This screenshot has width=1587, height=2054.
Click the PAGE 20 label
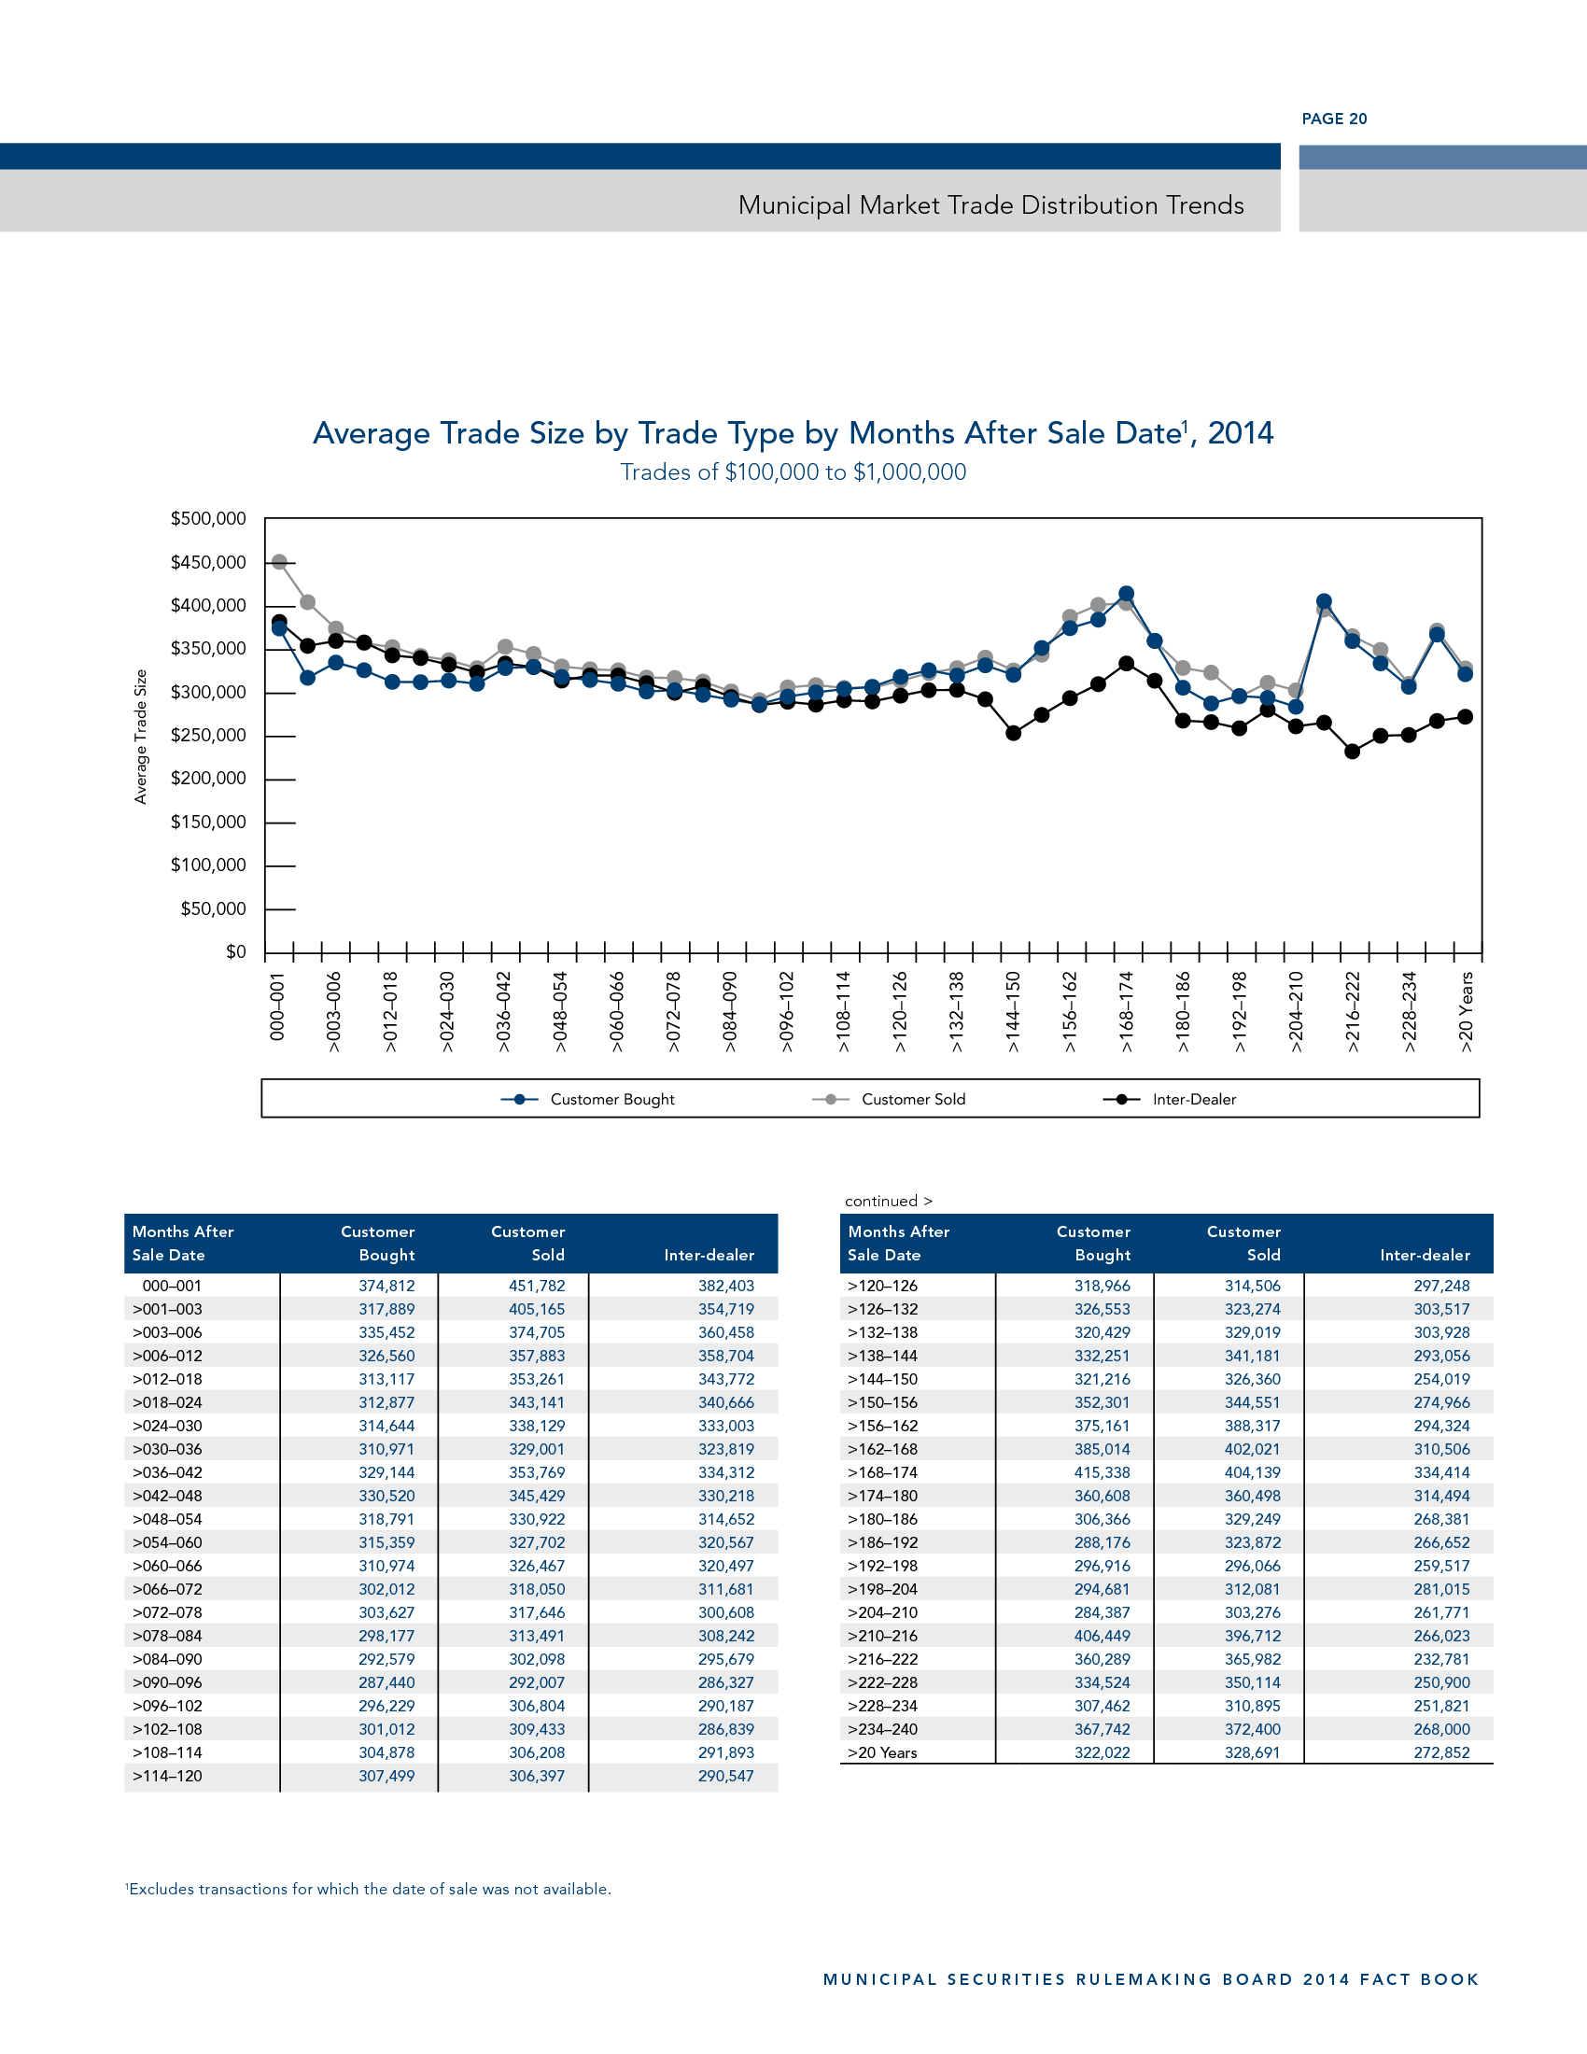pyautogui.click(x=1333, y=119)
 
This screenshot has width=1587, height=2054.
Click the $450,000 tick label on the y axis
pyautogui.click(x=208, y=562)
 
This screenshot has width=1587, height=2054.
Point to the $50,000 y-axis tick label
pyautogui.click(x=214, y=908)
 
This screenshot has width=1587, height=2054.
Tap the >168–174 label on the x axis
pyautogui.click(x=1127, y=1012)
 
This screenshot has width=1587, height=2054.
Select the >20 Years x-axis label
pyautogui.click(x=1466, y=1012)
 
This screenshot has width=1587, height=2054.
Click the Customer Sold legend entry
pyautogui.click(x=912, y=1100)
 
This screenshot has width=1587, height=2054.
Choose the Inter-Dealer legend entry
pyautogui.click(x=1193, y=1100)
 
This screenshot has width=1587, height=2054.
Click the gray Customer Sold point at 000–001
pyautogui.click(x=279, y=561)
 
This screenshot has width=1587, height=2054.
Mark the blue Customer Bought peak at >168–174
pyautogui.click(x=1127, y=594)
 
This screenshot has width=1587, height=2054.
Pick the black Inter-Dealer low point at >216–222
pyautogui.click(x=1352, y=752)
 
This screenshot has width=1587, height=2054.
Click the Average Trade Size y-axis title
pyautogui.click(x=141, y=737)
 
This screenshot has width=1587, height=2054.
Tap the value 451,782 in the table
pyautogui.click(x=537, y=1286)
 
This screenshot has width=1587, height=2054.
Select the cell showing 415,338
pyautogui.click(x=1102, y=1472)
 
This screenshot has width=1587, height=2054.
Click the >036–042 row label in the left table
pyautogui.click(x=167, y=1472)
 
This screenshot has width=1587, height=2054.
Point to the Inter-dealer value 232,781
pyautogui.click(x=1441, y=1659)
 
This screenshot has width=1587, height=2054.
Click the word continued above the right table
pyautogui.click(x=881, y=1201)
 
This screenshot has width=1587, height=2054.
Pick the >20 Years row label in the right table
pyautogui.click(x=882, y=1752)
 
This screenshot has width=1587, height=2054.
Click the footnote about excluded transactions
pyautogui.click(x=369, y=1889)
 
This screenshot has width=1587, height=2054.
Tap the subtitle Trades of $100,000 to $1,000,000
pyautogui.click(x=793, y=472)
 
